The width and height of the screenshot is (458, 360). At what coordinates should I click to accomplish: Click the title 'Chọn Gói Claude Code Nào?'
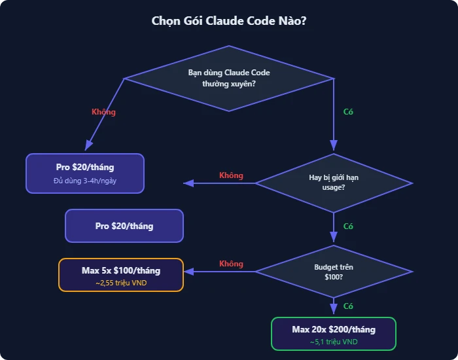[229, 21]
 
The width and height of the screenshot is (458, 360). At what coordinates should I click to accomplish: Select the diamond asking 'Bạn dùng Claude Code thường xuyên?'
[229, 78]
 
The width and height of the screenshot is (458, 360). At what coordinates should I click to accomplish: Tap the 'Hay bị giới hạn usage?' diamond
[334, 183]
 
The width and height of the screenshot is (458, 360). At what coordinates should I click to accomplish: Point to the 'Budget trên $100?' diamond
[334, 272]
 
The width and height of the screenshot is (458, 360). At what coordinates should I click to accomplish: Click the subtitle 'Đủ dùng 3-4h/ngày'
[84, 181]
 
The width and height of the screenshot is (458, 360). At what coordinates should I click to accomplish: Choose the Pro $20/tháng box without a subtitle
[124, 226]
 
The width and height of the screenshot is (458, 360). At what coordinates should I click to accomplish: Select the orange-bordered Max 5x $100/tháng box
[121, 275]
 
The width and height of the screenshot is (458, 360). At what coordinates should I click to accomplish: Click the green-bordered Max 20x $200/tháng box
[334, 334]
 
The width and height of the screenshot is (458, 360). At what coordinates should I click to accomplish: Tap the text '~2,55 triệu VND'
[121, 283]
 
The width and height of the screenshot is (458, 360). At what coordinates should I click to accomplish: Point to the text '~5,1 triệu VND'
[334, 342]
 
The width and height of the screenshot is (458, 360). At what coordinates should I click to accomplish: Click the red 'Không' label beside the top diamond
[103, 112]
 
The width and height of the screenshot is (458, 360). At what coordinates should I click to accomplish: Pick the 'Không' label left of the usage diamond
[231, 175]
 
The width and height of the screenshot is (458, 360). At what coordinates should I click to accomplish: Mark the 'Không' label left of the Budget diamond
[231, 264]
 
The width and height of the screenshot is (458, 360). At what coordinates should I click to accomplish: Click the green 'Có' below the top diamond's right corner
[348, 112]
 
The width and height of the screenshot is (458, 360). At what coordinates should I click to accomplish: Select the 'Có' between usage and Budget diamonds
[348, 226]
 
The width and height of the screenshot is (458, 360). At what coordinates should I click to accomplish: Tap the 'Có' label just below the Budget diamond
[348, 306]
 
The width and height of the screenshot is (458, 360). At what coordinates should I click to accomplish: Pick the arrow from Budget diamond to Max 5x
[219, 272]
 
